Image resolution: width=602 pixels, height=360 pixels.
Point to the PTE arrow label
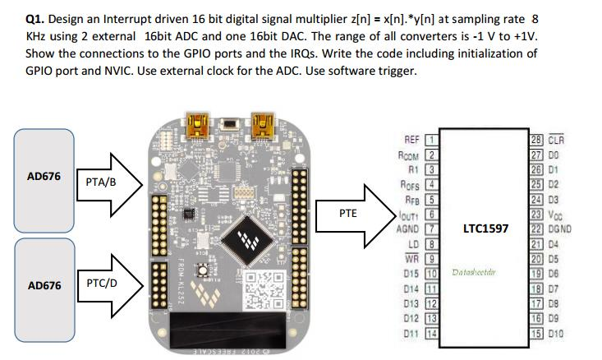(347, 214)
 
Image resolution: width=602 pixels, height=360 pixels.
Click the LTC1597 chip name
(486, 228)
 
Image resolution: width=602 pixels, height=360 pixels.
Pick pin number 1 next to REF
(429, 140)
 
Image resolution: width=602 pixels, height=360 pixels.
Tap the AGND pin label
(409, 228)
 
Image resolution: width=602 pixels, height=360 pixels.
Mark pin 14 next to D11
(429, 333)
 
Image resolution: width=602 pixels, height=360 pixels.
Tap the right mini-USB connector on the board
(263, 126)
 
